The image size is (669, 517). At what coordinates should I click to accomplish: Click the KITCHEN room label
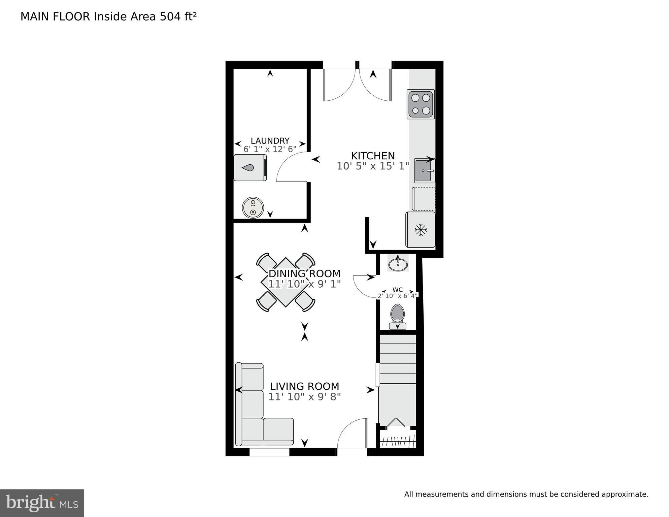tap(373, 156)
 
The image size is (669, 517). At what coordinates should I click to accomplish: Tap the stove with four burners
tap(421, 104)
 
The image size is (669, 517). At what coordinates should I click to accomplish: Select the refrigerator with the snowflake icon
tap(421, 230)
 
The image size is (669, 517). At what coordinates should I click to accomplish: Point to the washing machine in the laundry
tap(250, 168)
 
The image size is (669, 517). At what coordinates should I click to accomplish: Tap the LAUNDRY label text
tap(270, 141)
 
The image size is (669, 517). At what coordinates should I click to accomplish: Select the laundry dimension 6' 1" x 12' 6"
tap(270, 149)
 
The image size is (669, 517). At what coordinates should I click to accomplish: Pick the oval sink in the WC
tap(398, 263)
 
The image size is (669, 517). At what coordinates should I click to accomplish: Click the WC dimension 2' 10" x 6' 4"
tap(397, 296)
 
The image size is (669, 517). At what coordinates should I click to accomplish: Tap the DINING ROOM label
tap(304, 273)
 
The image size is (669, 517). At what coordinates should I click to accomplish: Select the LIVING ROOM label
tap(304, 386)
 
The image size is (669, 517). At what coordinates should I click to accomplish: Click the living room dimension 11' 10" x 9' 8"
tap(304, 397)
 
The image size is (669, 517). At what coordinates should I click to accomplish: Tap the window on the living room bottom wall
tap(269, 452)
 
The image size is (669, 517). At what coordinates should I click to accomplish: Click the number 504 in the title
tap(170, 17)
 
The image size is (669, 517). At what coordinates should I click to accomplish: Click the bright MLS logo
tap(42, 503)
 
